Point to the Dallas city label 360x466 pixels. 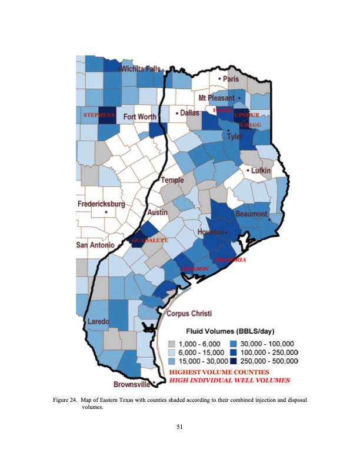point(189,112)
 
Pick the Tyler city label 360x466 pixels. point(235,137)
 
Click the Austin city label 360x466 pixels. point(158,212)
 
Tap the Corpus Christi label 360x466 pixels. point(189,313)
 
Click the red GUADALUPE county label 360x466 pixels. point(150,241)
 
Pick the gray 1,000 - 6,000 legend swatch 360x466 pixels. point(172,343)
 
